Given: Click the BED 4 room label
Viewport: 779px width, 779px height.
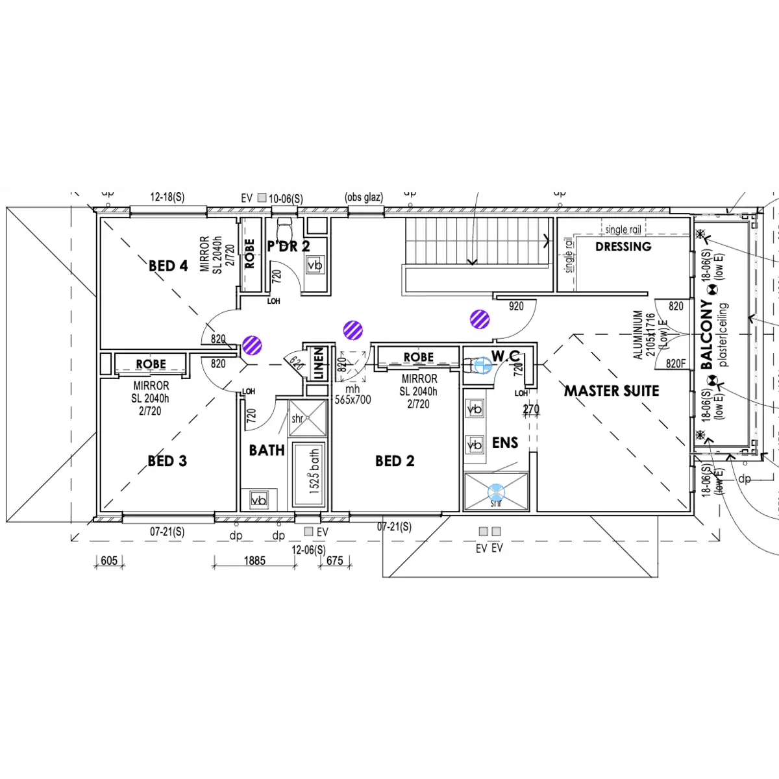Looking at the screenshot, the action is (168, 266).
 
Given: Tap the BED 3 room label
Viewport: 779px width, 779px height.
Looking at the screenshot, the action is (167, 461).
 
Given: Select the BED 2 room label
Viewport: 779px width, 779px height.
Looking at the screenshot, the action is (395, 461).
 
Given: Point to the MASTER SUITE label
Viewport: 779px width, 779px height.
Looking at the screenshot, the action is (612, 391).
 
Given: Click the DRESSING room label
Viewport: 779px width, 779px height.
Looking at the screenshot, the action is (623, 247).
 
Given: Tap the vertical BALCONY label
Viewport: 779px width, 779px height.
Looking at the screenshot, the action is (707, 334).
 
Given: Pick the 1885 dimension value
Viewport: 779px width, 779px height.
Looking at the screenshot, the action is (254, 560).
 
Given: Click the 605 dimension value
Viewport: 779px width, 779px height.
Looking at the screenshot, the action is (109, 560).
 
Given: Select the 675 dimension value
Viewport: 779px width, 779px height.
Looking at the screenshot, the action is (335, 560).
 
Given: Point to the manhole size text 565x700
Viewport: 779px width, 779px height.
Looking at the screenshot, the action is (352, 400).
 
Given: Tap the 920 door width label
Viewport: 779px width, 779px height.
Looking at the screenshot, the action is (516, 306).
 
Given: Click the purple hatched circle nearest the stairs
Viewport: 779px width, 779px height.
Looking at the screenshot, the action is (480, 319).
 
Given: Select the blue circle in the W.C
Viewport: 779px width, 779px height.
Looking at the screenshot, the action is (482, 365).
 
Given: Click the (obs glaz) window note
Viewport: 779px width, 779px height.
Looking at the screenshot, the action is (364, 197).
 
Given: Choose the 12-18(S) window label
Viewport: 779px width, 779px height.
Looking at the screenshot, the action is (167, 197).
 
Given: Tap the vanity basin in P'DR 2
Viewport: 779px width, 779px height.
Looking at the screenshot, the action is (315, 265).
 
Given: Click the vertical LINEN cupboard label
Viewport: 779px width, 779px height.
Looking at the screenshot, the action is (318, 364).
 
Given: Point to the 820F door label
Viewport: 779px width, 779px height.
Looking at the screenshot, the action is (676, 364).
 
